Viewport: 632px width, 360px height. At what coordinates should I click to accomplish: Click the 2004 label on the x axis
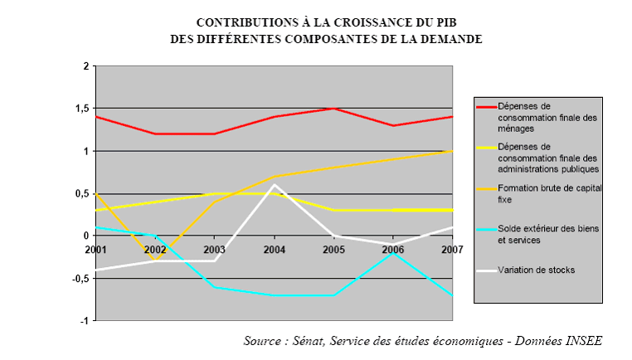275,249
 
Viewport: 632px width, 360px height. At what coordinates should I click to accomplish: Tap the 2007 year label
452,249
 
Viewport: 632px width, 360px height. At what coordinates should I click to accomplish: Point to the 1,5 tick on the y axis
81,109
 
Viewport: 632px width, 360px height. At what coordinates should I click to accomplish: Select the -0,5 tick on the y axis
80,278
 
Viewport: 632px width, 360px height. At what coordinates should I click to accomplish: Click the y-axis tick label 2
85,66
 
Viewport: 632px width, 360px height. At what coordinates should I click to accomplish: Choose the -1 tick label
84,320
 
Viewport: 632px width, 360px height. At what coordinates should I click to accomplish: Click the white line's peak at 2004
275,185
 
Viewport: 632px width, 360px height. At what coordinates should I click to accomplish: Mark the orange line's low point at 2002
156,260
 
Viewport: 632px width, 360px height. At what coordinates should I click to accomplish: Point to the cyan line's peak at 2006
394,252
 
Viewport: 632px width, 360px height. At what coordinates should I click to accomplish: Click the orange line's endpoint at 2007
453,151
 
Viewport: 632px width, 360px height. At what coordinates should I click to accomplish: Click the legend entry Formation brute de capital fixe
548,193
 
